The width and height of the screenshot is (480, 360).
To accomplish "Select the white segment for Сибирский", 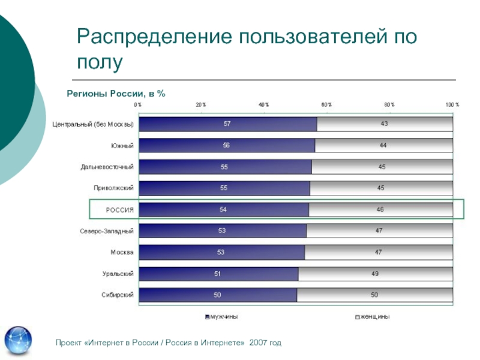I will click(374, 295).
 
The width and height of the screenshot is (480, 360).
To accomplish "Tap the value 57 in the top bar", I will click(227, 124).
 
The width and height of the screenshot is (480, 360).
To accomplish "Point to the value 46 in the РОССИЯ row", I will click(380, 210).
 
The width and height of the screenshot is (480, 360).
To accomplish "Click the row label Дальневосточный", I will click(107, 167).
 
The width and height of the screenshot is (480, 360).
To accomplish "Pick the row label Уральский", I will click(118, 274).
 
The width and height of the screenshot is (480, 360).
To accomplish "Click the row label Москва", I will click(122, 253).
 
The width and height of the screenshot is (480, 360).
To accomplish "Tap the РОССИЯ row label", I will click(119, 210).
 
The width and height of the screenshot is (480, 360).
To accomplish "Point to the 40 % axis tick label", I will click(264, 104).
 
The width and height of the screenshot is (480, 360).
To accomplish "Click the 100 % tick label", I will click(452, 104).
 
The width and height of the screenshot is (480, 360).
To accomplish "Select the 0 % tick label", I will click(138, 104).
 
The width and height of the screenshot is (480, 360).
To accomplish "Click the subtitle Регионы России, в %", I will click(115, 94).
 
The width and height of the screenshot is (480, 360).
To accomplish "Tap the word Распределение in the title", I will click(155, 37).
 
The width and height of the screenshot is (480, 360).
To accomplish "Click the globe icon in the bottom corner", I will click(18, 341).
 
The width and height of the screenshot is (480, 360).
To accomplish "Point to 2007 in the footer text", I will click(259, 343).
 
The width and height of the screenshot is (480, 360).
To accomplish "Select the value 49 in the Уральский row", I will click(374, 274).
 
